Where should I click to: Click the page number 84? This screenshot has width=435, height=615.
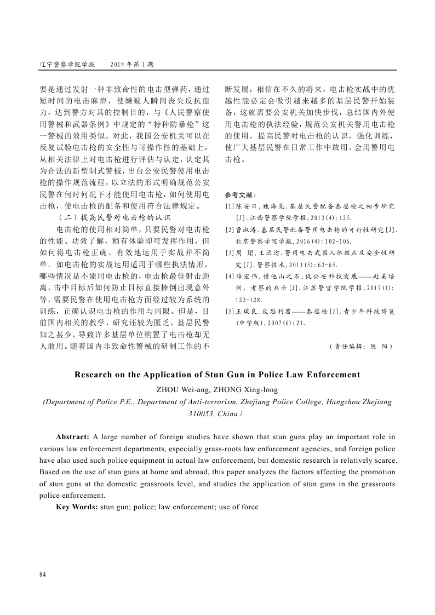coord(43,574)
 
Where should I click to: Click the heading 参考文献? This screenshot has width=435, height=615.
coord(241,195)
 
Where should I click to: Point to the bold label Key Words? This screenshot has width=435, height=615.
coord(77,507)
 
